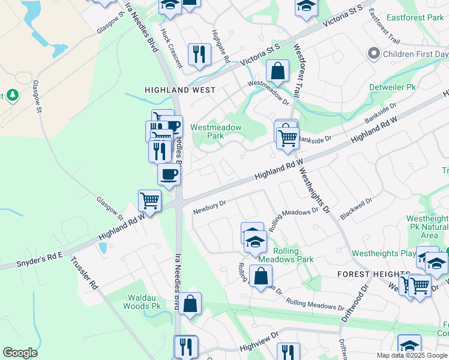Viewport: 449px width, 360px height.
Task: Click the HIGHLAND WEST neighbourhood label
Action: pyautogui.click(x=172, y=90)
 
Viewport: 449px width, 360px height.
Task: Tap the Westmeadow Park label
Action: pyautogui.click(x=216, y=131)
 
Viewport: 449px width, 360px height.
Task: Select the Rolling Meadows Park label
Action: pyautogui.click(x=294, y=255)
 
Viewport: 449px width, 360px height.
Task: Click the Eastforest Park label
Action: pyautogui.click(x=415, y=18)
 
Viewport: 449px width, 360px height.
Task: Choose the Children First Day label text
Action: pyautogui.click(x=416, y=54)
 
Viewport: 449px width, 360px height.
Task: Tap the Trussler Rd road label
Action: pyautogui.click(x=84, y=274)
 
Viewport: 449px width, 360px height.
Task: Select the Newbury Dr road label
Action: pyautogui.click(x=209, y=207)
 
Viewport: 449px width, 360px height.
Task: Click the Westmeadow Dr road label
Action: pyautogui.click(x=268, y=92)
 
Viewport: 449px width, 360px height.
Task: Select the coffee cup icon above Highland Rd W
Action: pyautogui.click(x=169, y=174)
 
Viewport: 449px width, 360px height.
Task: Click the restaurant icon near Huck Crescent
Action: pyautogui.click(x=199, y=54)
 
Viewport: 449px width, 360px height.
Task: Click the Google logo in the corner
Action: pyautogui.click(x=20, y=353)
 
